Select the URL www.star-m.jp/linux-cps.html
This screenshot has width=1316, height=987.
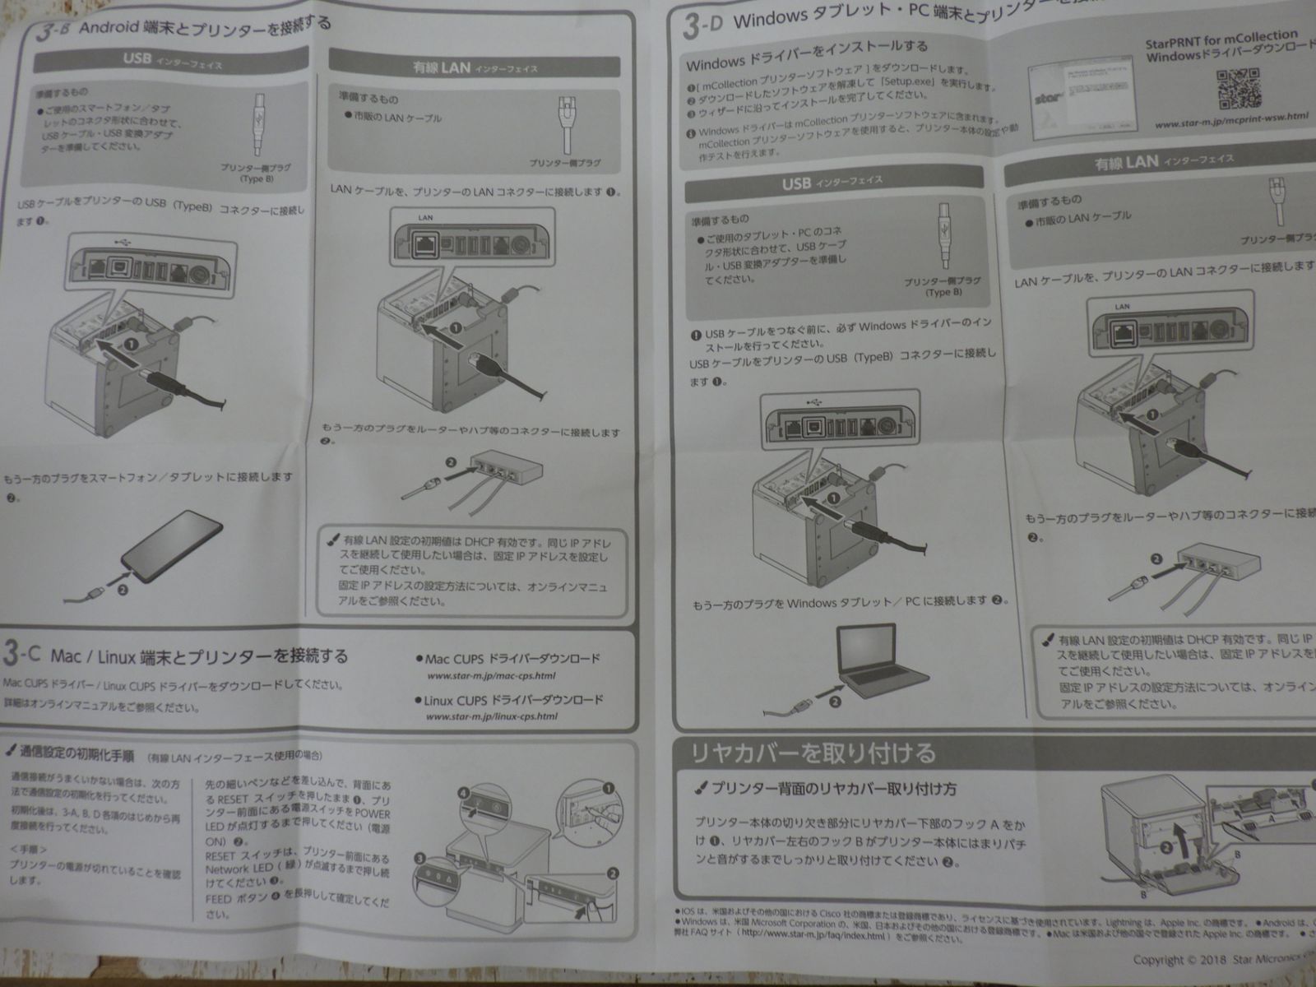click(x=492, y=716)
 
